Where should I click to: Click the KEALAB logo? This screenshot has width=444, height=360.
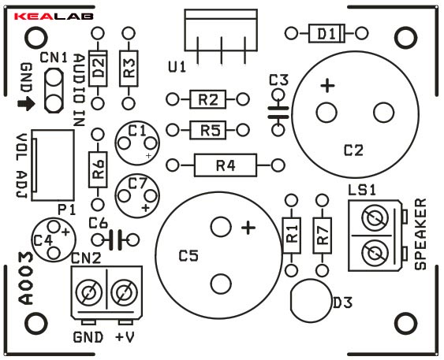[x=54, y=17]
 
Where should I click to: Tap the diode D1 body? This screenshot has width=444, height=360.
[x=326, y=34]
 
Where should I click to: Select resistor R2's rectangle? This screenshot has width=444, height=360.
[x=208, y=99]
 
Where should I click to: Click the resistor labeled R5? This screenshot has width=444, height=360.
[x=208, y=130]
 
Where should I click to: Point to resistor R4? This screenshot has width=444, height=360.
[x=226, y=165]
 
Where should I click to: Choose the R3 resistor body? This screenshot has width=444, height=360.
[x=129, y=69]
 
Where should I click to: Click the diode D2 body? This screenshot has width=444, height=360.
[x=98, y=69]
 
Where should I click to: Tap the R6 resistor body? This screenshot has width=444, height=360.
[x=98, y=169]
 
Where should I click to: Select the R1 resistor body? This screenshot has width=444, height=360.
[x=291, y=236]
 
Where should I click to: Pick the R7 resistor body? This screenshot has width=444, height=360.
[x=322, y=236]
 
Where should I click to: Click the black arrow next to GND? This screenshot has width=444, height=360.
[x=26, y=104]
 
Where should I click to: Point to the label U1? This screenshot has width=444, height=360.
[x=177, y=67]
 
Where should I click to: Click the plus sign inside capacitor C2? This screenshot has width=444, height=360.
[x=327, y=85]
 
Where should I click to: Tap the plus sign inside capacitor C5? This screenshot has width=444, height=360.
[x=248, y=228]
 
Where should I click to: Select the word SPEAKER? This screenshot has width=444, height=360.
[x=420, y=234]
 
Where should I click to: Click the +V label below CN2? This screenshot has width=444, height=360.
[x=125, y=337]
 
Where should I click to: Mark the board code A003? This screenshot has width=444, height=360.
[x=25, y=279]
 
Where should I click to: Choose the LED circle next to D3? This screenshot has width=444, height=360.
[x=311, y=301]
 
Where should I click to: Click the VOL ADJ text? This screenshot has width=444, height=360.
[x=21, y=165]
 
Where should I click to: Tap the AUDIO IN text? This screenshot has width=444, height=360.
[x=79, y=91]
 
